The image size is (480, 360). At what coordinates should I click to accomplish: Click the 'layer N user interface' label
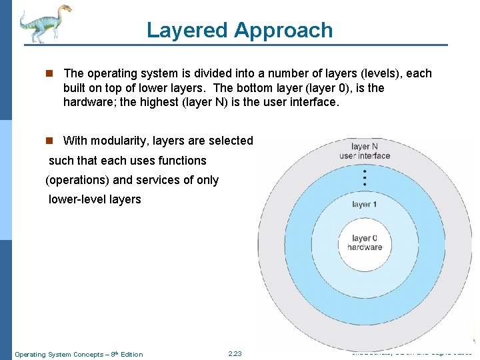pyautogui.click(x=365, y=151)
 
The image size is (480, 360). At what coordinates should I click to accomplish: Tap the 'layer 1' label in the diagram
pyautogui.click(x=365, y=204)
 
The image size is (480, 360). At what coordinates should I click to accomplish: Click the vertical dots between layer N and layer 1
pyautogui.click(x=365, y=178)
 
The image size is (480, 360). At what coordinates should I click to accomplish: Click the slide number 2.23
pyautogui.click(x=235, y=354)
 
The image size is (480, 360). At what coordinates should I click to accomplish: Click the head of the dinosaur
pyautogui.click(x=65, y=9)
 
